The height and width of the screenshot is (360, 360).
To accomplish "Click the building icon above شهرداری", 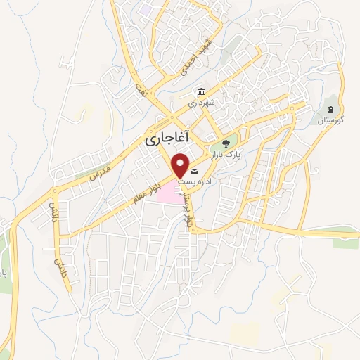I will coord(202,92).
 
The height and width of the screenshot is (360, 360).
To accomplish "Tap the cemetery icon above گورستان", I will coord(330,109).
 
